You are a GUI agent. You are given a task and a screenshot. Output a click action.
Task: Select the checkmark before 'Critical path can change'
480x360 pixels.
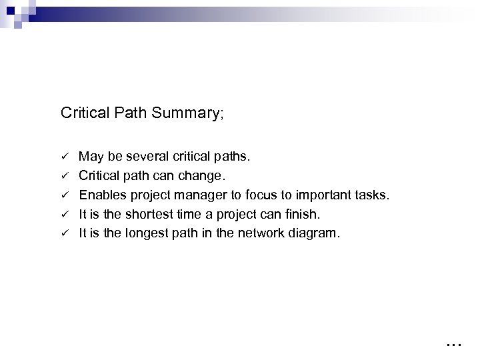65,177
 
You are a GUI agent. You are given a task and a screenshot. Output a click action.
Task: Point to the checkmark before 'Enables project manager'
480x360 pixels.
65,195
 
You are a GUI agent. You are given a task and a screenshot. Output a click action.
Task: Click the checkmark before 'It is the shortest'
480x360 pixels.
65,214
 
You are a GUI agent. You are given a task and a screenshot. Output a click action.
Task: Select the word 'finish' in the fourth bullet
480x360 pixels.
303,214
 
